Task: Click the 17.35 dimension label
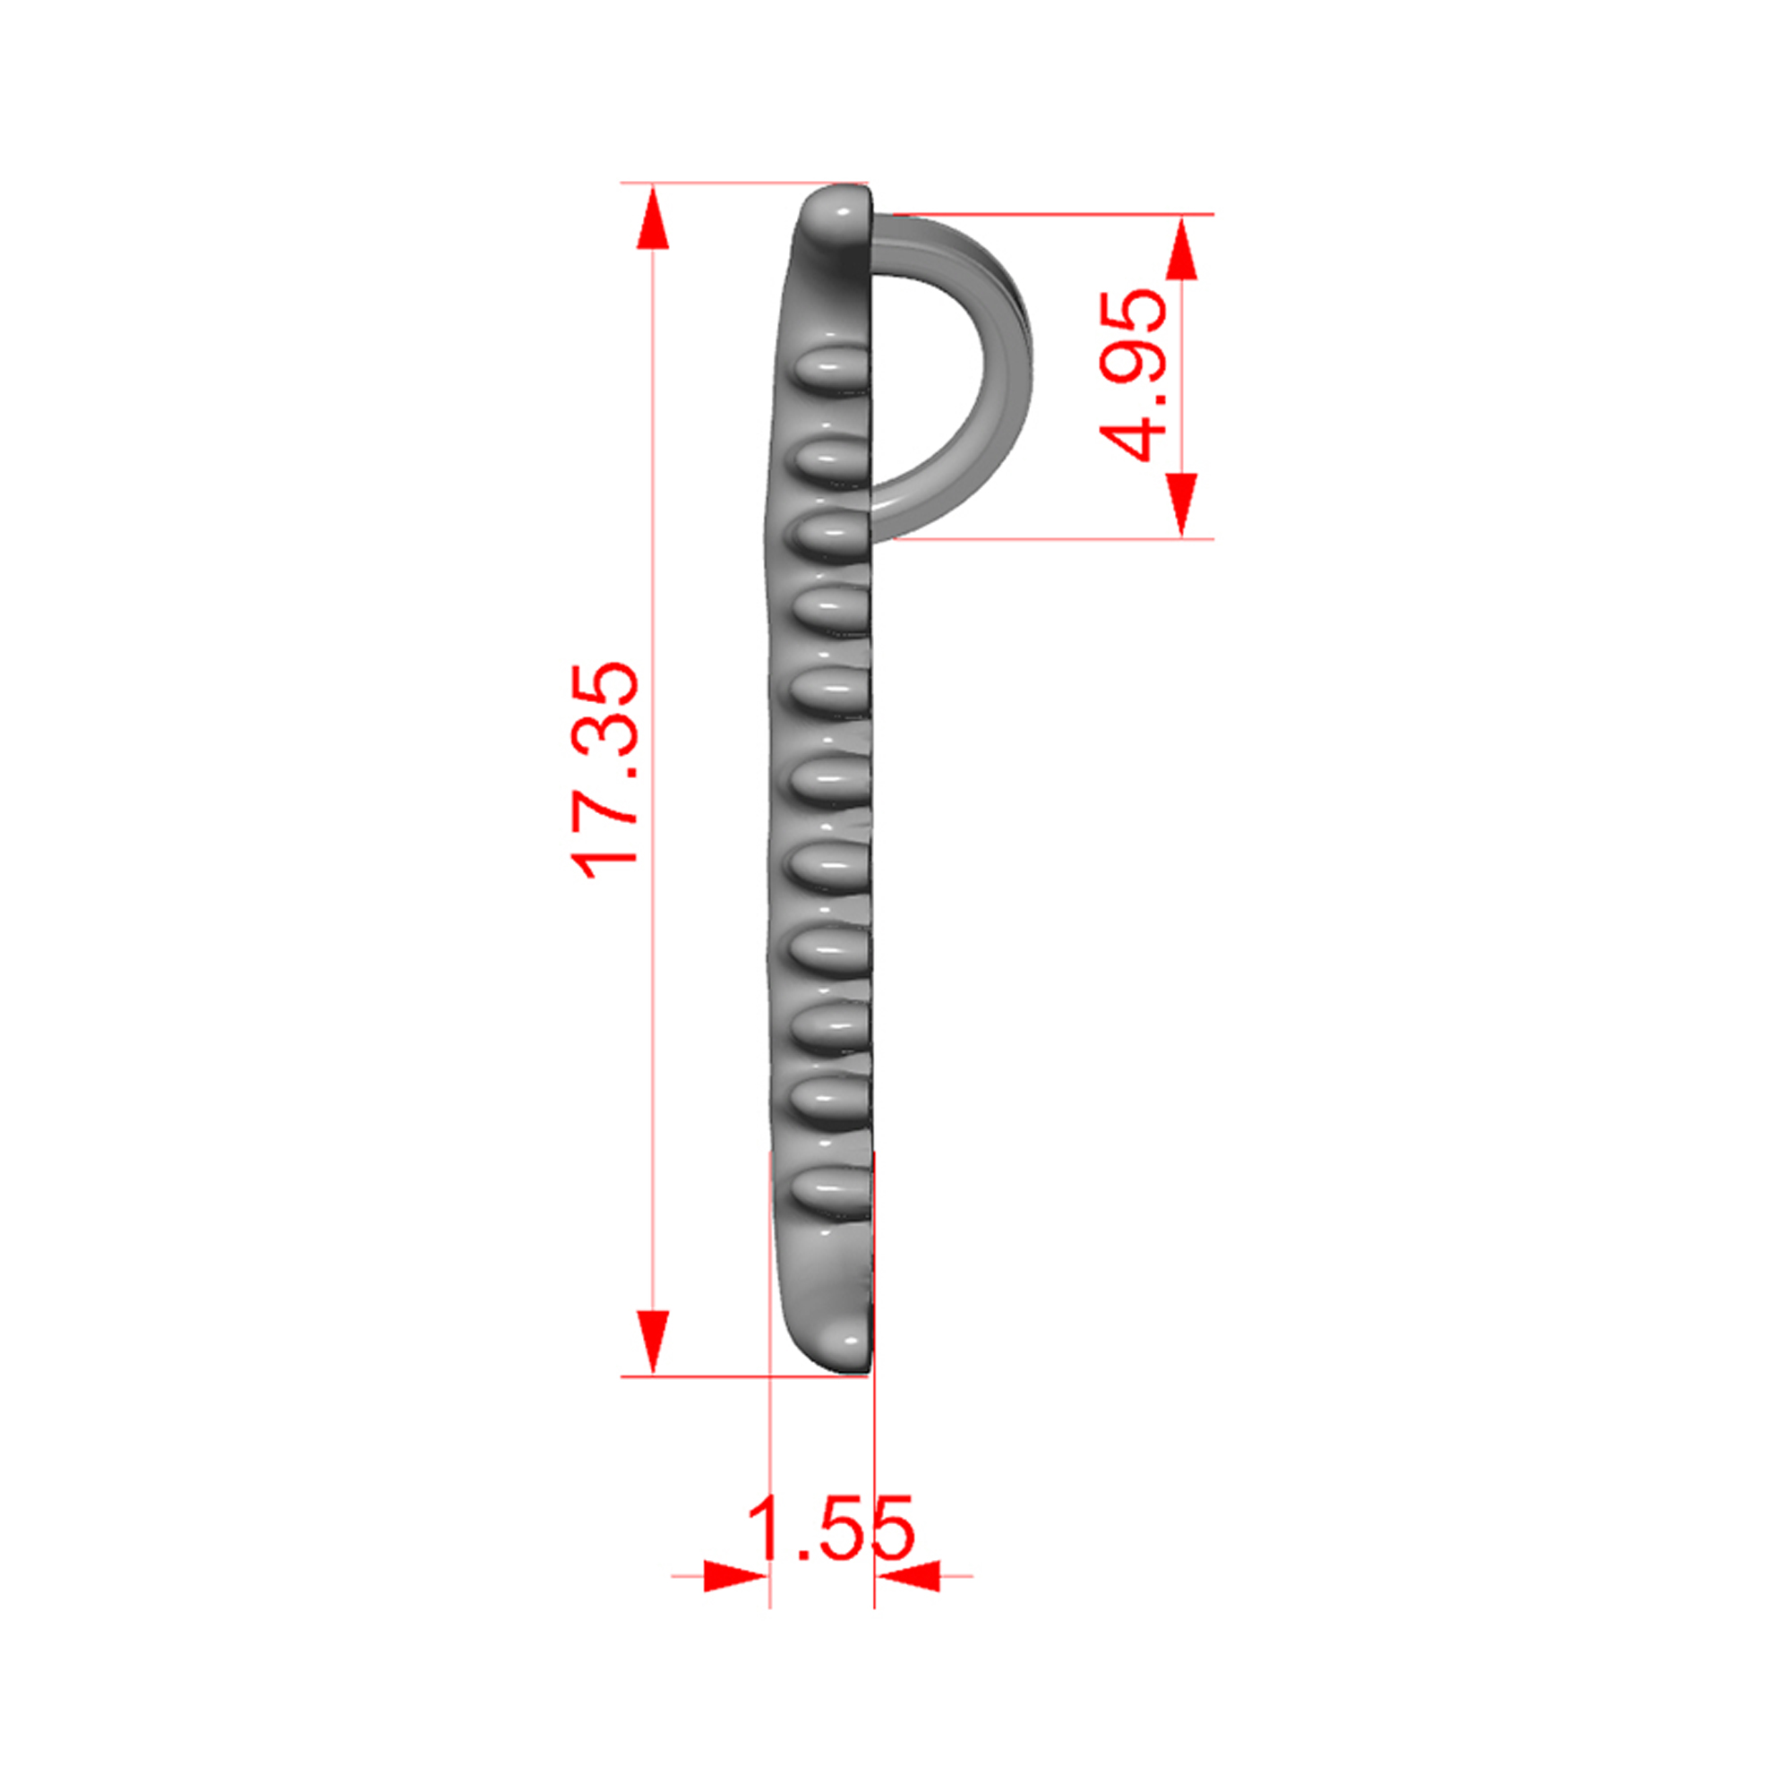pos(604,770)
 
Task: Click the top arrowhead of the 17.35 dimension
pos(653,216)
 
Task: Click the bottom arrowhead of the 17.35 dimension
pos(653,1343)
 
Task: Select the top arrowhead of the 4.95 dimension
pos(1181,247)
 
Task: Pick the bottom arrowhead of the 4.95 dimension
pos(1181,505)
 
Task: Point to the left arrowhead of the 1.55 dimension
pos(736,1575)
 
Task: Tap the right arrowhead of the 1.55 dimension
pos(907,1575)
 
